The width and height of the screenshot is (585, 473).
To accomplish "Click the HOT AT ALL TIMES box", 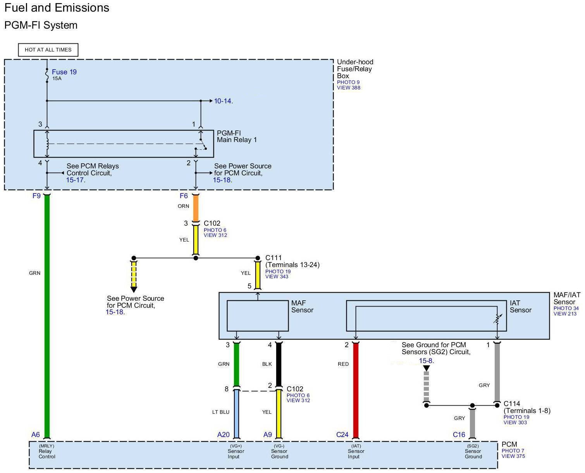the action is click(x=48, y=50).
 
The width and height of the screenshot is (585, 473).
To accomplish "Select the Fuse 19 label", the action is click(x=64, y=72).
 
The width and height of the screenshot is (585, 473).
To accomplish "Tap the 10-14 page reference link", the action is click(x=223, y=101).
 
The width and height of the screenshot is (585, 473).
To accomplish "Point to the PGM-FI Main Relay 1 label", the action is click(x=236, y=136).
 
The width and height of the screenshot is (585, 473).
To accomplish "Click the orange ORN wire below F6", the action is click(x=196, y=208).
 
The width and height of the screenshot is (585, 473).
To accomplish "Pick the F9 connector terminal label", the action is click(x=36, y=195).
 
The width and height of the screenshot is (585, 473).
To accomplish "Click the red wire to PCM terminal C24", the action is click(x=355, y=390).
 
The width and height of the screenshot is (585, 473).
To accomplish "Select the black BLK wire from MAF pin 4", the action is click(x=279, y=364).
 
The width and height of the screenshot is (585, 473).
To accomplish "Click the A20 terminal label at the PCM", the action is click(x=223, y=435).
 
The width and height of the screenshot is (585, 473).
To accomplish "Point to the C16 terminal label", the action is click(x=459, y=435).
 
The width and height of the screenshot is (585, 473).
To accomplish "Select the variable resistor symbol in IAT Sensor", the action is click(x=497, y=319).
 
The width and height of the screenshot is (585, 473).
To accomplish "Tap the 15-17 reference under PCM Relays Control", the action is click(x=75, y=180).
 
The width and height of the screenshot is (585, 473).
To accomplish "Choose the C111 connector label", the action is click(x=273, y=258).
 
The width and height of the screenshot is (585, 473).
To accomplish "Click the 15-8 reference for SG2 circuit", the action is click(x=426, y=361).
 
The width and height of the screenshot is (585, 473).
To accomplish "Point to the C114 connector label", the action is click(x=512, y=404).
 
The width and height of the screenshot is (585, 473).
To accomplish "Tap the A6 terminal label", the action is click(x=35, y=435).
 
